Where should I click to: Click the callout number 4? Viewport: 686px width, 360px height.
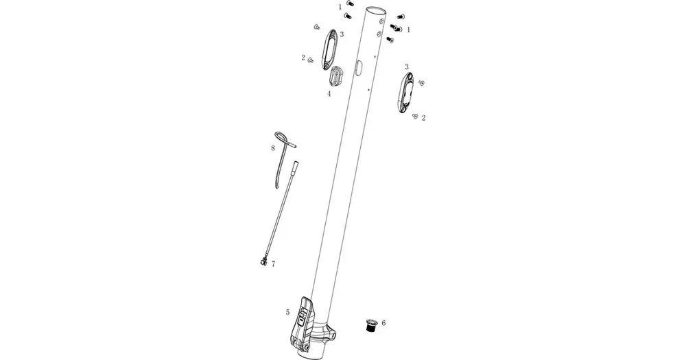pos(329,93)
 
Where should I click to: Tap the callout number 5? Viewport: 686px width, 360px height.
pos(287,312)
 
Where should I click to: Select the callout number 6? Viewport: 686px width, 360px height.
pos(383,323)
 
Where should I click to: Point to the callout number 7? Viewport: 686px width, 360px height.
pos(274,264)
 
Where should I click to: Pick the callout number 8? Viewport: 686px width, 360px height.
pos(273,148)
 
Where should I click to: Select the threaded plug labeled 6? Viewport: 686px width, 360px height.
pos(371,326)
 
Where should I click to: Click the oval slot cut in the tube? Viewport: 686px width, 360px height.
pos(358,68)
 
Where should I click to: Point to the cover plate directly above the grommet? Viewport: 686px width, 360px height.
pos(329,49)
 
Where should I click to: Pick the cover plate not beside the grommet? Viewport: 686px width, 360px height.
pos(406,93)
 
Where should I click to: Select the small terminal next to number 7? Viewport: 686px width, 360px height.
pos(262,261)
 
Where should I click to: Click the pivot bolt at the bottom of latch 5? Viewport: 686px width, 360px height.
pos(306,347)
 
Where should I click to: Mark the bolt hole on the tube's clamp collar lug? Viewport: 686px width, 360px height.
pos(333,337)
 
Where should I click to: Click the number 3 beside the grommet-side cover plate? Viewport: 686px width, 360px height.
pos(342,34)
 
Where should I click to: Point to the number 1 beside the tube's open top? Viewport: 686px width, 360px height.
pos(340,7)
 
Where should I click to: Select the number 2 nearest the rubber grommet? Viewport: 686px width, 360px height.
pos(303,58)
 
